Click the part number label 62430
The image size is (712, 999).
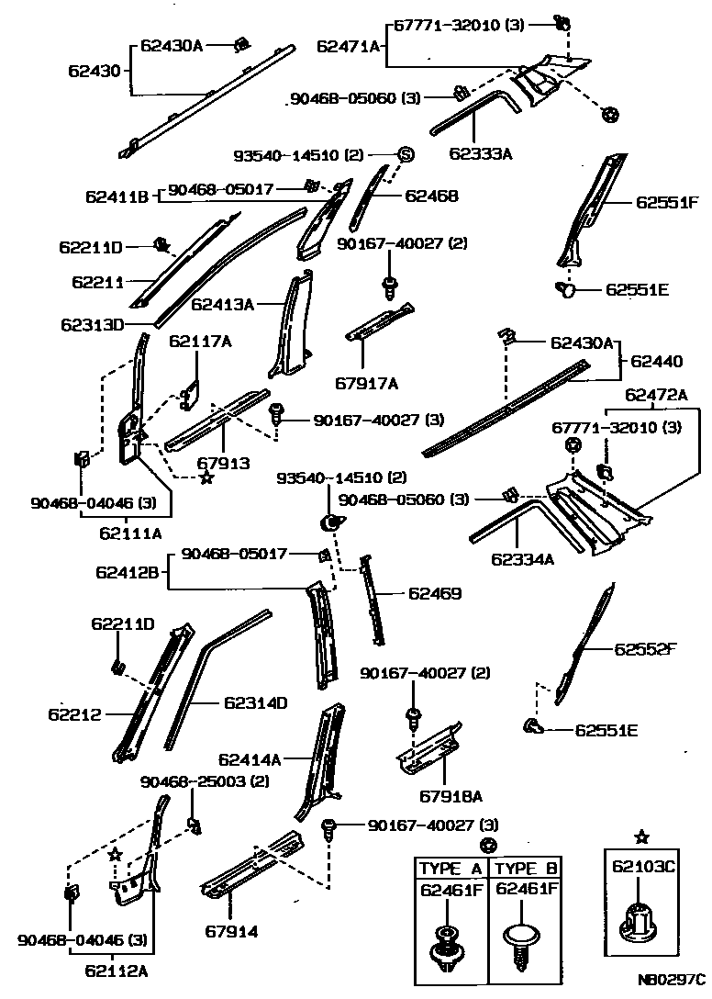point(95,70)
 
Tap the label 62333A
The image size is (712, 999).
point(480,153)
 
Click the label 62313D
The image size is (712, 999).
point(93,324)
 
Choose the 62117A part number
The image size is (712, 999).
point(200,342)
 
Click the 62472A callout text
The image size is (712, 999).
point(656,395)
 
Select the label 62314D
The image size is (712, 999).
point(255,703)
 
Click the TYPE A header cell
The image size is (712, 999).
point(451,869)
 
